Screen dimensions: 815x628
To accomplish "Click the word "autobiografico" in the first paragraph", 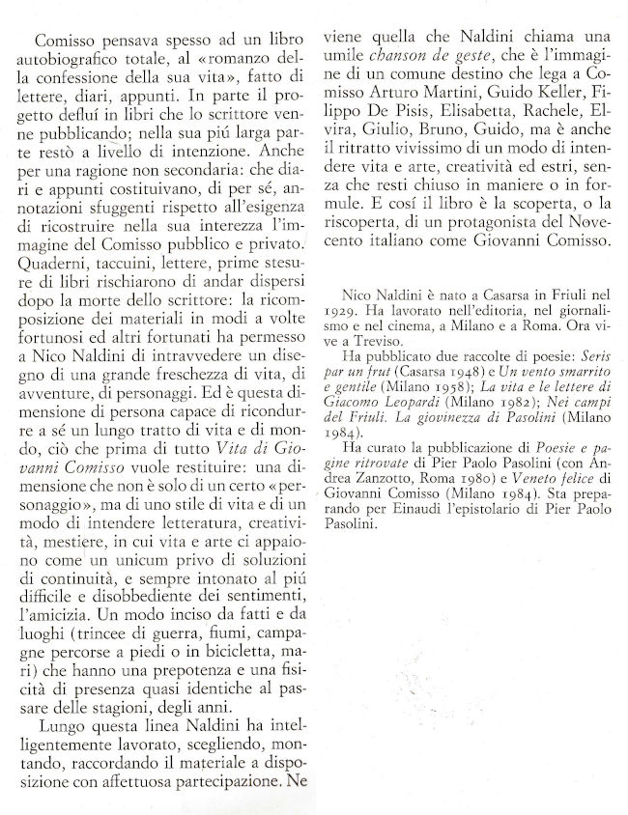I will (72, 64).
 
